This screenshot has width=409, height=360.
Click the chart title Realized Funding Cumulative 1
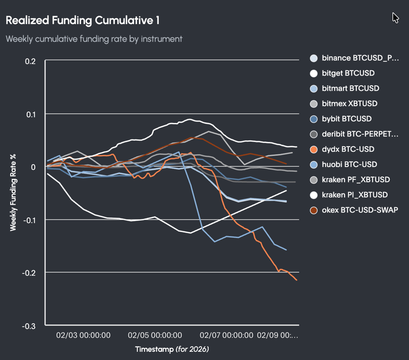pos(82,20)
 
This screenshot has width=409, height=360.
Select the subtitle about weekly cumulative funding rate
pos(94,39)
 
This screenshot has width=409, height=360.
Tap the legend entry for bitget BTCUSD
pos(348,73)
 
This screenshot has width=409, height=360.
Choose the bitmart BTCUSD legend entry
pos(350,88)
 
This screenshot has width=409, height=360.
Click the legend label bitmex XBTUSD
pos(350,104)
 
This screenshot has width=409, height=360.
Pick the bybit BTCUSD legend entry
pos(347,119)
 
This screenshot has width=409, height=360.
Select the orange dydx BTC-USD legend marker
pos(314,149)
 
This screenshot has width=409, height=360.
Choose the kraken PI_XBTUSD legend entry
pos(355,195)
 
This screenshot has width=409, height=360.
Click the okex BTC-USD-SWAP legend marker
pos(314,210)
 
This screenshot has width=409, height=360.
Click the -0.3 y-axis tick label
pos(28,326)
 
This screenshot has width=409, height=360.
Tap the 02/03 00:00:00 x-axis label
pos(83,335)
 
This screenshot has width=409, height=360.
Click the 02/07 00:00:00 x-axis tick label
pos(226,335)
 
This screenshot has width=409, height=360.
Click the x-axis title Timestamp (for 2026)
pos(172,350)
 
